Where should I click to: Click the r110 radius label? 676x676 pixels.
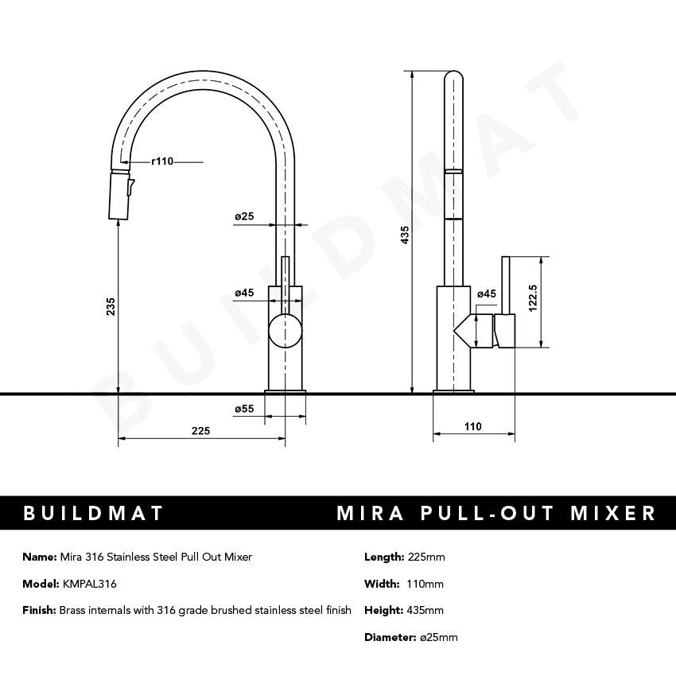click(161, 161)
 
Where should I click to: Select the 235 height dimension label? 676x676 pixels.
click(111, 306)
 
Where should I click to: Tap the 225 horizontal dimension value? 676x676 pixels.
click(200, 430)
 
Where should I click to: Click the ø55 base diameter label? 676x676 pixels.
click(243, 409)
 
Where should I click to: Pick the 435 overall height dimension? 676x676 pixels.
click(405, 235)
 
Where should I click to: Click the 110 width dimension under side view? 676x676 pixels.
click(472, 426)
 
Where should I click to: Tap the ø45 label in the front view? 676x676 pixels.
click(243, 293)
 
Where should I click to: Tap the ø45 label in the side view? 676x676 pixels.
click(486, 294)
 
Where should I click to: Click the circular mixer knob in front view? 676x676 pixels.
click(286, 331)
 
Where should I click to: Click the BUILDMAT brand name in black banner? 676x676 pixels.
click(94, 513)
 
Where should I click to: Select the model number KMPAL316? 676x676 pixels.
click(89, 584)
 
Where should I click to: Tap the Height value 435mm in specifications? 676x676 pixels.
click(425, 611)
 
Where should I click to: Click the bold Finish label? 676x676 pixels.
click(40, 611)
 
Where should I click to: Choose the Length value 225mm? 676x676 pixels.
click(426, 557)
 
